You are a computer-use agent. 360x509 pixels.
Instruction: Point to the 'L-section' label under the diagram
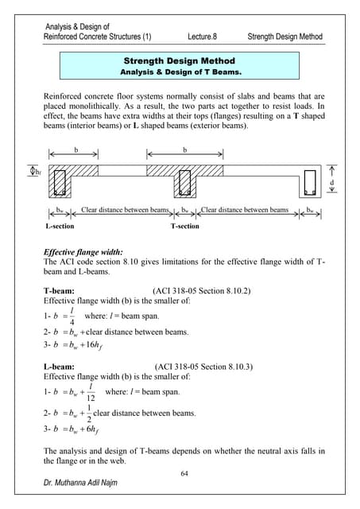coord(59,227)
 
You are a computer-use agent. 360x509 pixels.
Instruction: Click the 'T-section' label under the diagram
coord(185,227)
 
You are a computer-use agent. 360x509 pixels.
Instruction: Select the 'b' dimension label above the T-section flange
coord(185,149)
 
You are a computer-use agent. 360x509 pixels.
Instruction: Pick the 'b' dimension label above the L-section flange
coord(75,149)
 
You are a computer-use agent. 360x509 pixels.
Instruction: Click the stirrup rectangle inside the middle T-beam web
coord(185,182)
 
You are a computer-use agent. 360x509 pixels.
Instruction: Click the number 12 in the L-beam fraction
coord(91,398)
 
